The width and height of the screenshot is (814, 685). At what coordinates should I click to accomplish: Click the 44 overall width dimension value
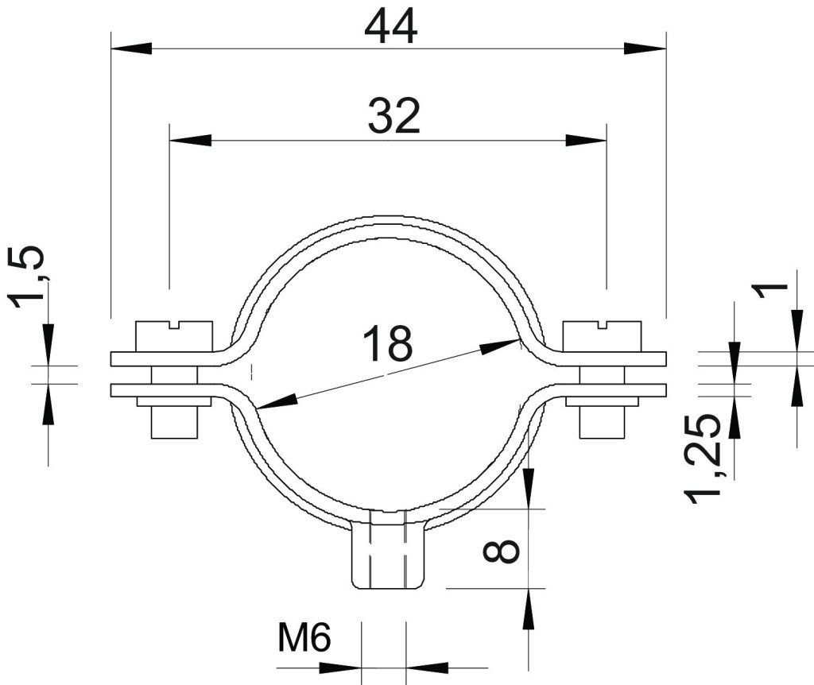pos(390,28)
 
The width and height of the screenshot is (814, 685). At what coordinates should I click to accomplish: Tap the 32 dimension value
pos(393,116)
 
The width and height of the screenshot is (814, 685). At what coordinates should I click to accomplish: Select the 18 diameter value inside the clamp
pos(388,343)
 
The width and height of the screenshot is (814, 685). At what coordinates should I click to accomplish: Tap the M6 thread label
pos(304,638)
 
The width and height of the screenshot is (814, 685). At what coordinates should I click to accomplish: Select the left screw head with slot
pos(174,337)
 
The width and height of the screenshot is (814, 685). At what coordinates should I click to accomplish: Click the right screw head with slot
pos(603,337)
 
